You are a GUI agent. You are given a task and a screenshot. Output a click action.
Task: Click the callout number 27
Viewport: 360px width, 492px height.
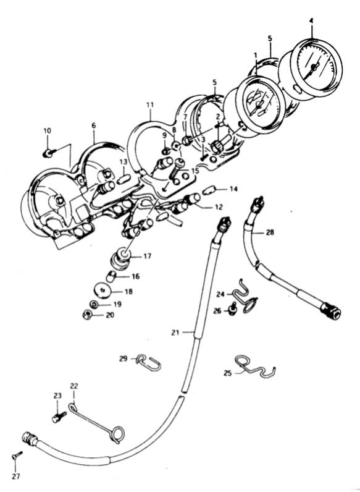click(x=16, y=477)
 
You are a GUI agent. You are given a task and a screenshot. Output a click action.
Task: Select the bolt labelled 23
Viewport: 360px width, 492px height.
click(x=59, y=417)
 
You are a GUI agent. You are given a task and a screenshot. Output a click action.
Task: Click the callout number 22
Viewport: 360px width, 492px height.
click(x=73, y=386)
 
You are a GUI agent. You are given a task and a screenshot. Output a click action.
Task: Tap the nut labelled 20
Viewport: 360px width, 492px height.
click(x=87, y=314)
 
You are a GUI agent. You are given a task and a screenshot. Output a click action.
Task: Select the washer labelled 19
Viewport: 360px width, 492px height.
click(x=94, y=304)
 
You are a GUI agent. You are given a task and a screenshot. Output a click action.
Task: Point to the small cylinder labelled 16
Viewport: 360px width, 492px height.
click(x=111, y=276)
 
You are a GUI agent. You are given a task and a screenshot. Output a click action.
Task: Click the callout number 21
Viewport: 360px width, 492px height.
click(x=175, y=333)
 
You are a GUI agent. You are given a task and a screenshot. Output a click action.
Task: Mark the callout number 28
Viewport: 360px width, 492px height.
click(x=269, y=232)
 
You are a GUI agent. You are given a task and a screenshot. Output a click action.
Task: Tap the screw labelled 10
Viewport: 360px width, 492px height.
click(x=49, y=153)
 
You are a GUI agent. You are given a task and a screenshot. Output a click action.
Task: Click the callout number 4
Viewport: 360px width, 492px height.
click(x=311, y=21)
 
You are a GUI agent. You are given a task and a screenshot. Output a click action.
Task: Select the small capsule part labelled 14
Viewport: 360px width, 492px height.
click(x=208, y=190)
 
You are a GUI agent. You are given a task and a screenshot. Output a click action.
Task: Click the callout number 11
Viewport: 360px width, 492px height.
click(x=150, y=105)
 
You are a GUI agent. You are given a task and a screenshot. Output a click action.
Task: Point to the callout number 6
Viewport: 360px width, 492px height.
click(x=93, y=125)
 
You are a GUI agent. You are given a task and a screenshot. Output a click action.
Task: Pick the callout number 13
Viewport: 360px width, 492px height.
click(x=123, y=162)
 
